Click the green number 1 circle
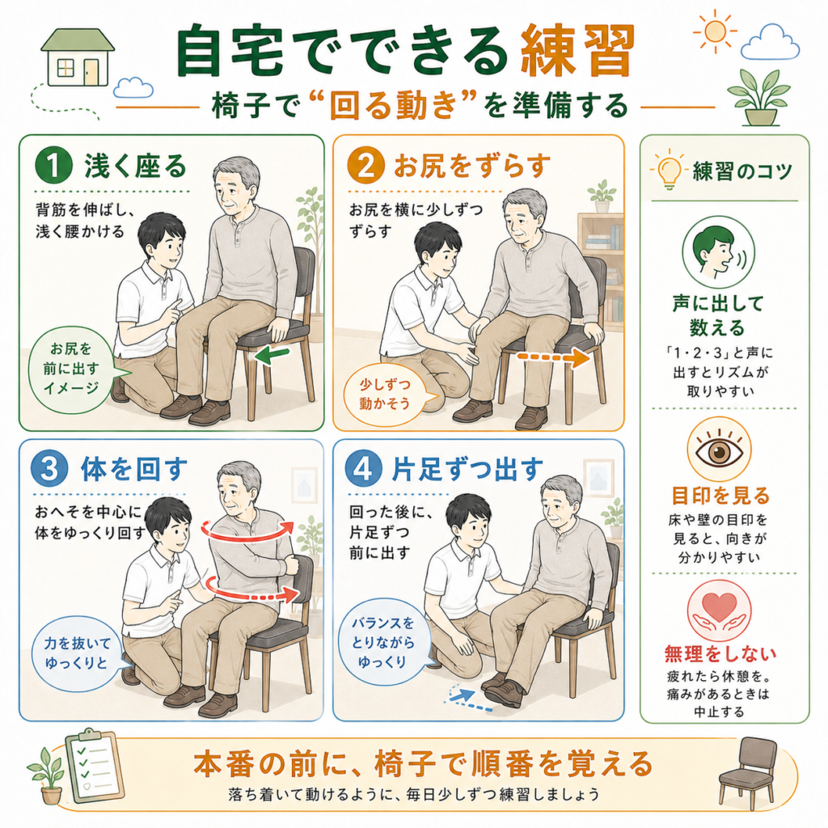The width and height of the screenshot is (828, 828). coord(53,165)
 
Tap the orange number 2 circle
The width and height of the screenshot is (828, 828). coord(366,165)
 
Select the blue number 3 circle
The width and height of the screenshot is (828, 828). coord(49,468)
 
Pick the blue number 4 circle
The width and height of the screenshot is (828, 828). coord(363,468)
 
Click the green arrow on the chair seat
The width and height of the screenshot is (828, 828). coord(272,355)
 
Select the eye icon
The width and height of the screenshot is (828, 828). coord(719,450)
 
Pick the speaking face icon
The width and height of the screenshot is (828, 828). coord(718,252)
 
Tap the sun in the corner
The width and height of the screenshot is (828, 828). coord(715,32)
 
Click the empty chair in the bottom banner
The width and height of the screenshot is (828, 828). coord(748,771)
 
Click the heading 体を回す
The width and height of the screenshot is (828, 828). coord(134,469)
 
